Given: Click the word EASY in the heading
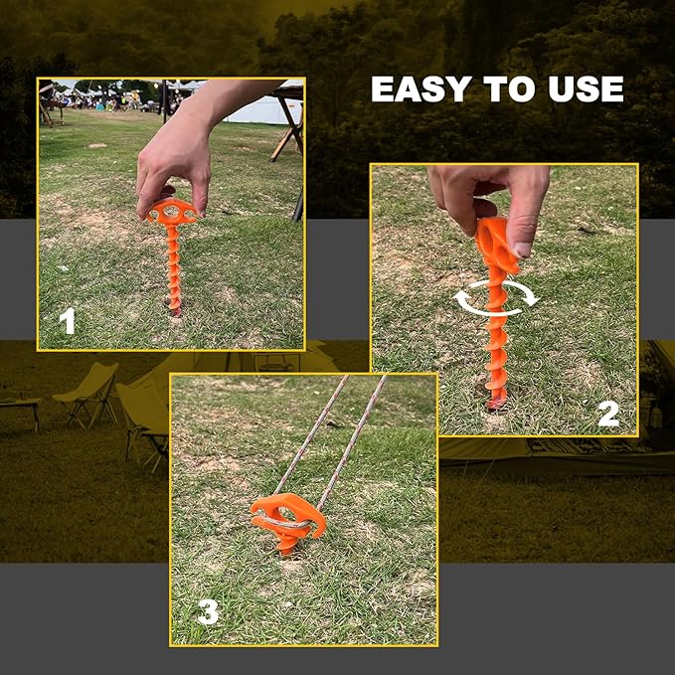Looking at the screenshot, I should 421,88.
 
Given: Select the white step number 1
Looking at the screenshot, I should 68,321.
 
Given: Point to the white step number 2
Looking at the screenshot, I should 608,413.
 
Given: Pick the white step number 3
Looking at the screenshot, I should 207,612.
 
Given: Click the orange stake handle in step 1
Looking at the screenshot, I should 171,212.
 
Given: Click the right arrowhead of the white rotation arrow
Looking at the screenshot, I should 532,297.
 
